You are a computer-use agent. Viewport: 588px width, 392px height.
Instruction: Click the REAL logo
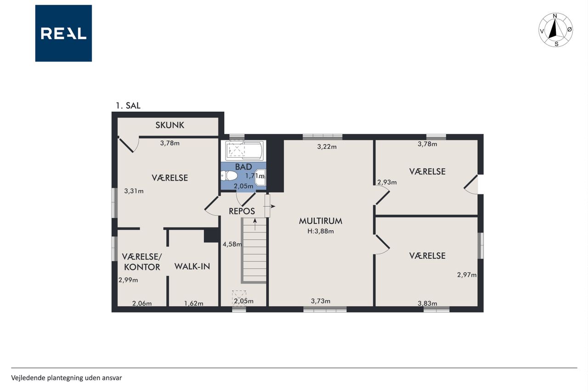pyautogui.click(x=63, y=34)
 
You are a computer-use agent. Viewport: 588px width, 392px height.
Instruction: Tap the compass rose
pyautogui.click(x=555, y=30)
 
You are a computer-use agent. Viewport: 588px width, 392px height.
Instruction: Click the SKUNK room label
pyautogui.click(x=170, y=125)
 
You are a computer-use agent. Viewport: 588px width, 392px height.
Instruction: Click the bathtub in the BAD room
pyautogui.click(x=244, y=151)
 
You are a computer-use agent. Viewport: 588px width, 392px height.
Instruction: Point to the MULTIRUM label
pyautogui.click(x=321, y=221)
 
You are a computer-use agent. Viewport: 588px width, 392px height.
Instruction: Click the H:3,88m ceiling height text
pyautogui.click(x=321, y=231)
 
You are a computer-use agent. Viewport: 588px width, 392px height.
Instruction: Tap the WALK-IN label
pyautogui.click(x=192, y=267)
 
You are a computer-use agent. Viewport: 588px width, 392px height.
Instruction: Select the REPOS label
pyautogui.click(x=242, y=211)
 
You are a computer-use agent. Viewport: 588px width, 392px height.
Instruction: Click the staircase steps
pyautogui.click(x=254, y=250)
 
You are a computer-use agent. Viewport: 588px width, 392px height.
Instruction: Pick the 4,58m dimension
pyautogui.click(x=232, y=244)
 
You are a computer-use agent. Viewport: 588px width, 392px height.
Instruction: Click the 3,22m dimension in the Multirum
pyautogui.click(x=327, y=147)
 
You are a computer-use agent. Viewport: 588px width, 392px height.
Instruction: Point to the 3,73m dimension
pyautogui.click(x=321, y=301)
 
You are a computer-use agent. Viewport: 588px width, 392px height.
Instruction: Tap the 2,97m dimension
pyautogui.click(x=467, y=275)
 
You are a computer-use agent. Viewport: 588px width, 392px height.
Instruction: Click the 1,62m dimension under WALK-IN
pyautogui.click(x=194, y=303)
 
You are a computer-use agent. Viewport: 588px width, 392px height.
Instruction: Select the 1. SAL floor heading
pyautogui.click(x=128, y=106)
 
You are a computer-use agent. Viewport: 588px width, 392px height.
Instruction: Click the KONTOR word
pyautogui.click(x=142, y=267)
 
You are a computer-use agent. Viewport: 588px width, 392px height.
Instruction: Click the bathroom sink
pyautogui.click(x=260, y=177)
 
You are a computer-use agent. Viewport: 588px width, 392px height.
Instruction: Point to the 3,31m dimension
pyautogui.click(x=134, y=191)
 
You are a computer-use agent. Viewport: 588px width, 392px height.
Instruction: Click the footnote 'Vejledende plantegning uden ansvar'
pyautogui.click(x=67, y=378)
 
